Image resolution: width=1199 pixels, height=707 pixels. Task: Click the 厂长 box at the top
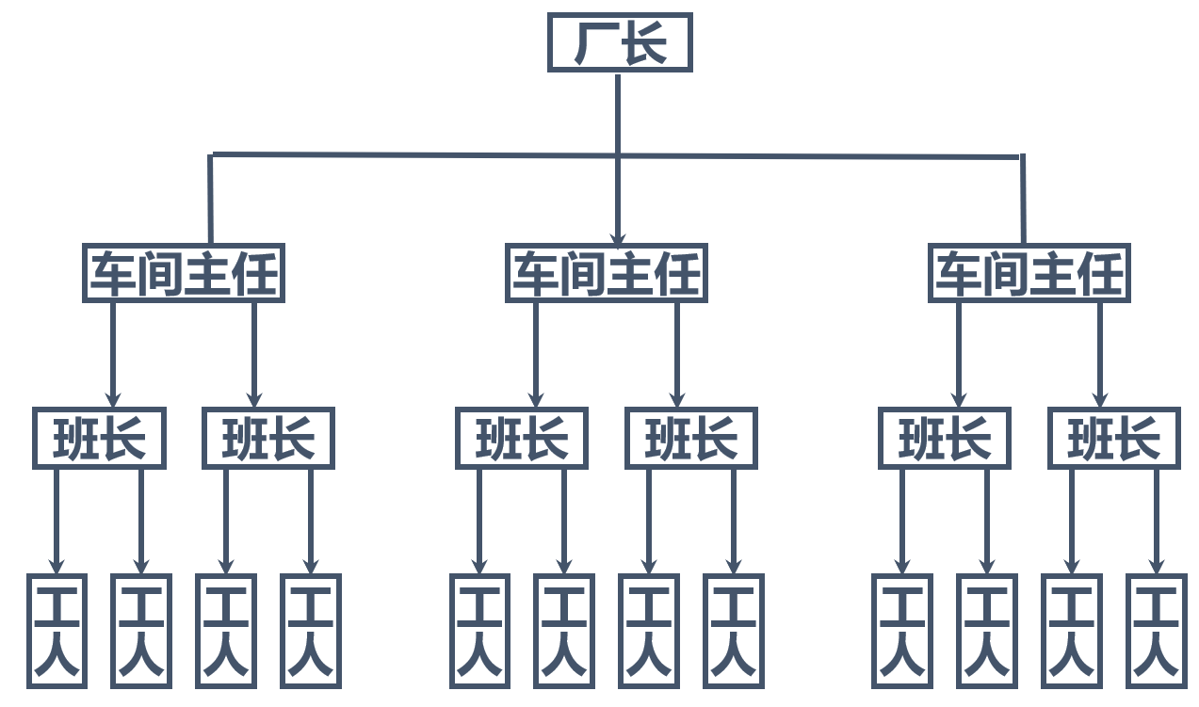click(620, 42)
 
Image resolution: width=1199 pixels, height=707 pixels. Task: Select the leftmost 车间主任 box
click(184, 274)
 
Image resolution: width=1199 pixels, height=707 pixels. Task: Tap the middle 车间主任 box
click(606, 274)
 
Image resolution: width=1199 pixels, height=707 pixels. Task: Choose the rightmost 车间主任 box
click(1029, 274)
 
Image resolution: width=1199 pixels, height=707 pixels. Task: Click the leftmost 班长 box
click(99, 438)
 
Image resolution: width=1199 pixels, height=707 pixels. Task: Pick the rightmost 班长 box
click(1113, 438)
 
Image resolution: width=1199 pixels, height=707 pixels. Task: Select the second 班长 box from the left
click(268, 438)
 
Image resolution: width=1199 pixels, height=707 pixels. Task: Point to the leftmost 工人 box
click(57, 630)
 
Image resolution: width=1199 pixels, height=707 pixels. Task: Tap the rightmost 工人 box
click(1156, 630)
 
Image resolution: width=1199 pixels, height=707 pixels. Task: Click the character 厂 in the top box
click(595, 43)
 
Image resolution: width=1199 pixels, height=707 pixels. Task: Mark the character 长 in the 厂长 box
click(644, 43)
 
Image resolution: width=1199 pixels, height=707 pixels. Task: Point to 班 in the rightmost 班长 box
click(1090, 439)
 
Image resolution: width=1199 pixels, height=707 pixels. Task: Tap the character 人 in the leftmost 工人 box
click(57, 656)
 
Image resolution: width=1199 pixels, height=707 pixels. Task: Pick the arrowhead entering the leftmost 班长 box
click(113, 399)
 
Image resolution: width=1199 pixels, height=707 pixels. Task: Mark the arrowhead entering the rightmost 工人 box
click(1156, 566)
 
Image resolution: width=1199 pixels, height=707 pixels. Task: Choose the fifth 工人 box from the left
click(479, 630)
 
